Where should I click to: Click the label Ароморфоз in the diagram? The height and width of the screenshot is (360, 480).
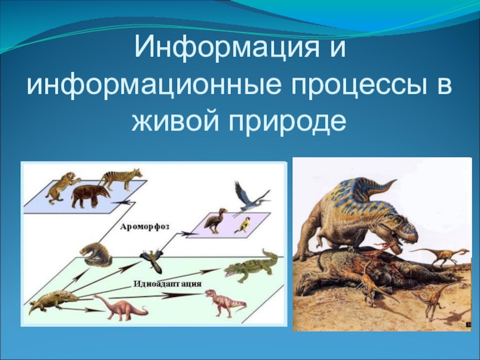coord(145,227)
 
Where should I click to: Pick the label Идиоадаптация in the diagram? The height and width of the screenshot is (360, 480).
coord(167,284)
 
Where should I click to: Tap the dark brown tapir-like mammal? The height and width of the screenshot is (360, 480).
coord(91,196)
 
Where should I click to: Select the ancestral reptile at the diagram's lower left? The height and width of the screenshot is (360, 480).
coord(53,302)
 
